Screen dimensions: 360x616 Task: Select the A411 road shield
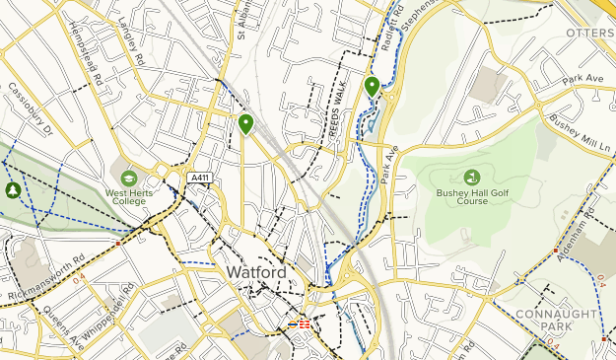[x=200, y=178]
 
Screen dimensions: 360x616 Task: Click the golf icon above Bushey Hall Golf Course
[x=471, y=177]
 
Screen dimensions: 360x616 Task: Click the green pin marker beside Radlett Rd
[x=373, y=87]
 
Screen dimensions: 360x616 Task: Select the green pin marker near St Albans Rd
[x=244, y=123]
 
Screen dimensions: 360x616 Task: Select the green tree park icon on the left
[x=12, y=189]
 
